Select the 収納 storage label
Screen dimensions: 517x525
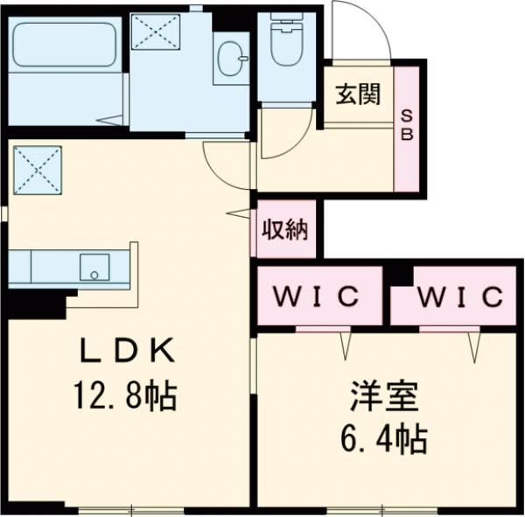[283, 230]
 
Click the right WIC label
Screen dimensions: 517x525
[459, 296]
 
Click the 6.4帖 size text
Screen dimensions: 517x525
[384, 438]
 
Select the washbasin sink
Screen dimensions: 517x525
[232, 58]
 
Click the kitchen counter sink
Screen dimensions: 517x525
[93, 268]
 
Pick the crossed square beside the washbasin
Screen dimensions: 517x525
[155, 36]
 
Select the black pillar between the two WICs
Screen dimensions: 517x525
[399, 274]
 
